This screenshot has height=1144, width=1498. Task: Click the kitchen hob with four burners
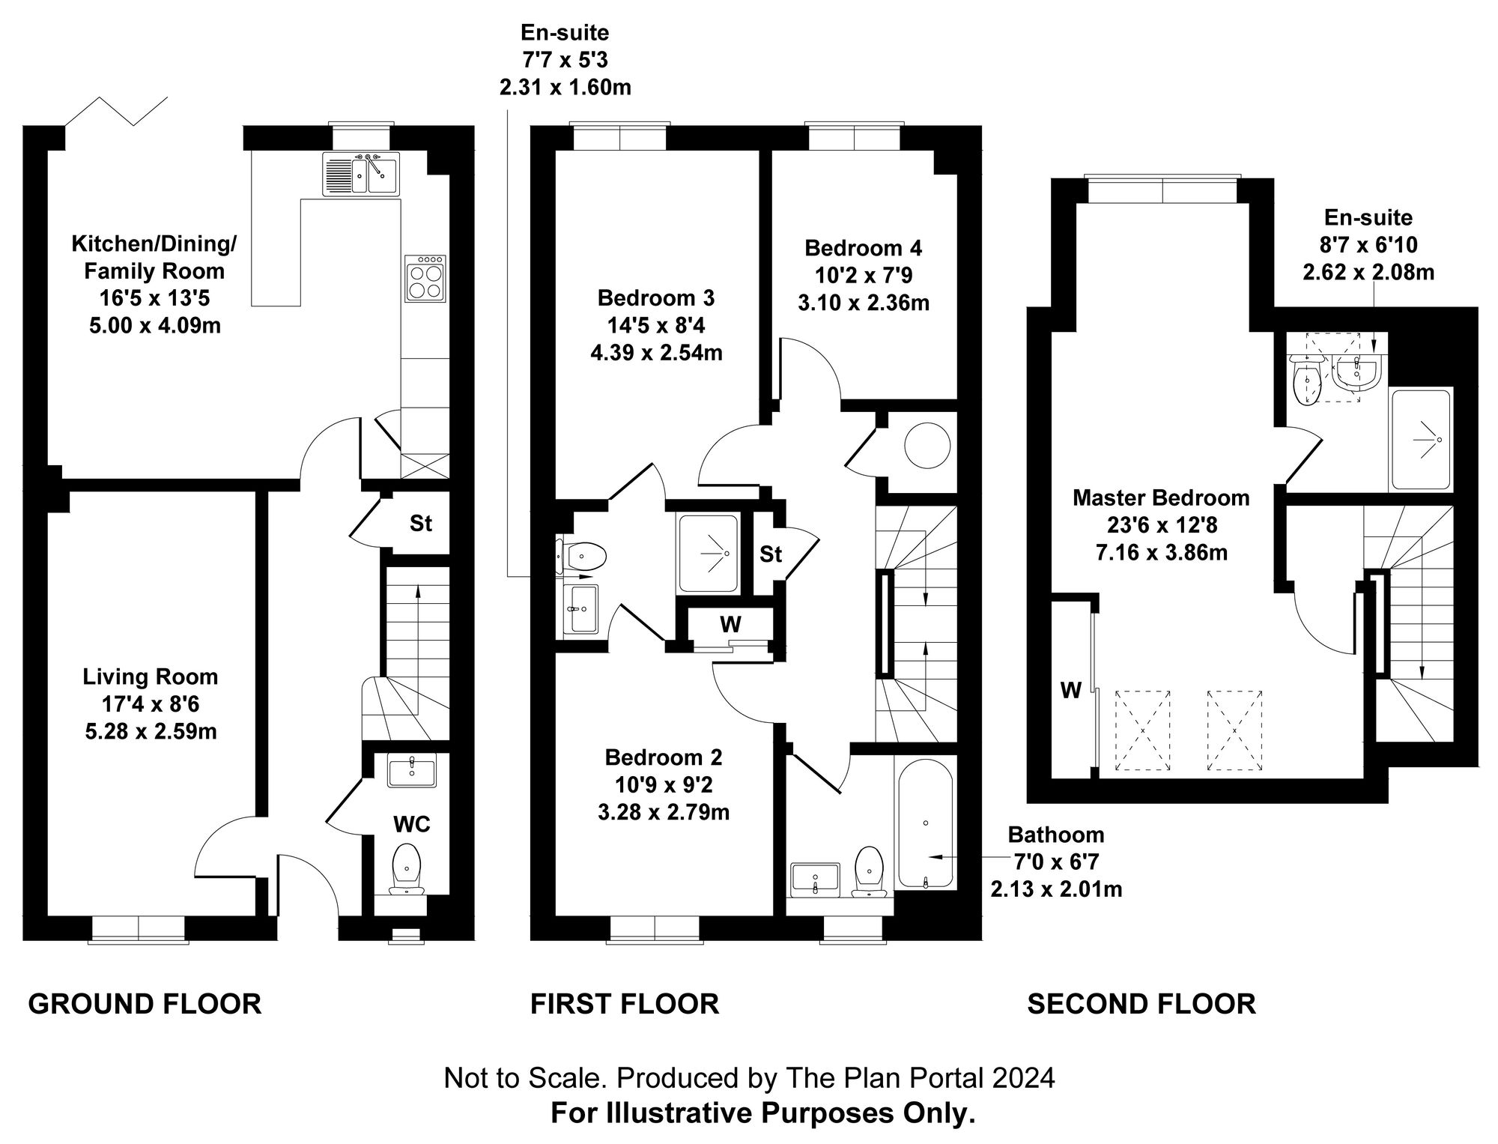(x=425, y=278)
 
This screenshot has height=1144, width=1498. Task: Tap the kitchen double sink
(x=361, y=173)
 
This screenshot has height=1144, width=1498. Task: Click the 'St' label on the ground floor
(x=420, y=524)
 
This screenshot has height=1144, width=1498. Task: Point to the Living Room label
(x=151, y=677)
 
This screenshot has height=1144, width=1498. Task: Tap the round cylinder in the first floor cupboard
(x=927, y=447)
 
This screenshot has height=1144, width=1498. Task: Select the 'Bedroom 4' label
(x=863, y=248)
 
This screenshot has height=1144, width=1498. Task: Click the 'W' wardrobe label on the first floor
(x=730, y=624)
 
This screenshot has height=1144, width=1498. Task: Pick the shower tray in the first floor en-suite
(x=708, y=554)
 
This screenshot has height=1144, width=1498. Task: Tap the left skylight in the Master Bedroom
(x=1143, y=730)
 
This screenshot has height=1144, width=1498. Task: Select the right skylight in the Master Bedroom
(x=1235, y=730)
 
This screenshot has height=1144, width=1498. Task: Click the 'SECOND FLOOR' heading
(x=1141, y=1004)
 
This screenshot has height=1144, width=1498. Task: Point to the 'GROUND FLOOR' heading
(x=145, y=1004)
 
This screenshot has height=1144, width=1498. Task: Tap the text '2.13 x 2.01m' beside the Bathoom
(x=1056, y=890)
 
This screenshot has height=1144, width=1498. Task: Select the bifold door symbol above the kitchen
(x=116, y=112)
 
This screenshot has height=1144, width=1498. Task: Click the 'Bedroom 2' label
(x=664, y=757)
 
